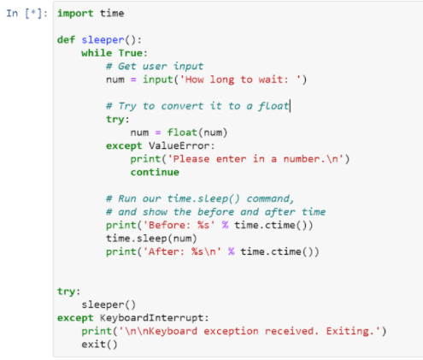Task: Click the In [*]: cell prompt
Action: click(27, 14)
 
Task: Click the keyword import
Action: click(75, 14)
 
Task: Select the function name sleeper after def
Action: click(103, 40)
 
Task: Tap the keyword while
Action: click(97, 53)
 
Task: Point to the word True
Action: click(131, 53)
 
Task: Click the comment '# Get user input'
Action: click(155, 67)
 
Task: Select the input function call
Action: click(158, 80)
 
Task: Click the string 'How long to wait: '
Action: click(240, 80)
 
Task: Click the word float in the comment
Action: click(273, 106)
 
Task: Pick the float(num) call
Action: click(197, 133)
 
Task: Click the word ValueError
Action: click(179, 146)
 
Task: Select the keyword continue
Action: click(155, 173)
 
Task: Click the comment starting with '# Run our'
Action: click(200, 198)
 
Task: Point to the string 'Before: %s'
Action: click(179, 226)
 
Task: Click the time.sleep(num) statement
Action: click(151, 239)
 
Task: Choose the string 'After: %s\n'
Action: click(182, 252)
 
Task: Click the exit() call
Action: click(99, 345)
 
